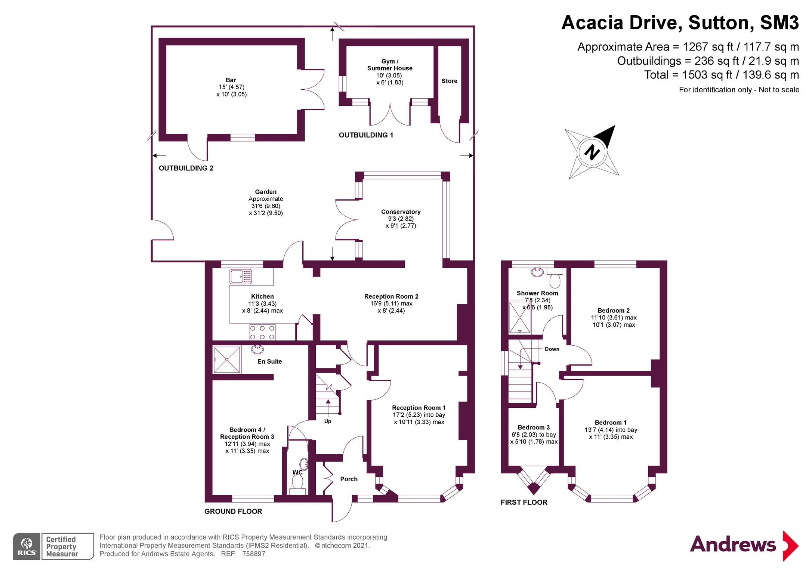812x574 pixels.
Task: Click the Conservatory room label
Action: coord(401,212)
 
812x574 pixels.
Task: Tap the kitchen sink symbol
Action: coord(241,277)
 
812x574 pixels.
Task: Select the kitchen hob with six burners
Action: coord(262,333)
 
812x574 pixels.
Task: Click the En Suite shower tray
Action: coord(227,359)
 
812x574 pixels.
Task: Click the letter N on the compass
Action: coord(592,152)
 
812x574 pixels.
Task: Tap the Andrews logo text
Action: coord(733,544)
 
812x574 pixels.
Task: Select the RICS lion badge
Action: coord(27,546)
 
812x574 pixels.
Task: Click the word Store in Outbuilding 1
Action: coord(449,81)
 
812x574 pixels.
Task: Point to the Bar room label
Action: coord(231,80)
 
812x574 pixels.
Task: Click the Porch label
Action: coord(349,479)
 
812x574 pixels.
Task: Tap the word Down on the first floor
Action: coord(552,349)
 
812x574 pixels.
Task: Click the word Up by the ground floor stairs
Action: coord(328,421)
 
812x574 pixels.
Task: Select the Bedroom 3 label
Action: coord(534,428)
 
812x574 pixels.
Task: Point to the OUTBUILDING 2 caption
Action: coord(186,168)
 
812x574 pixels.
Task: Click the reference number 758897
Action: coord(254,554)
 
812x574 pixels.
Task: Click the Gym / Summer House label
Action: coord(390,65)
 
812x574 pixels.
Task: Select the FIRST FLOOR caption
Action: coord(524,503)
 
